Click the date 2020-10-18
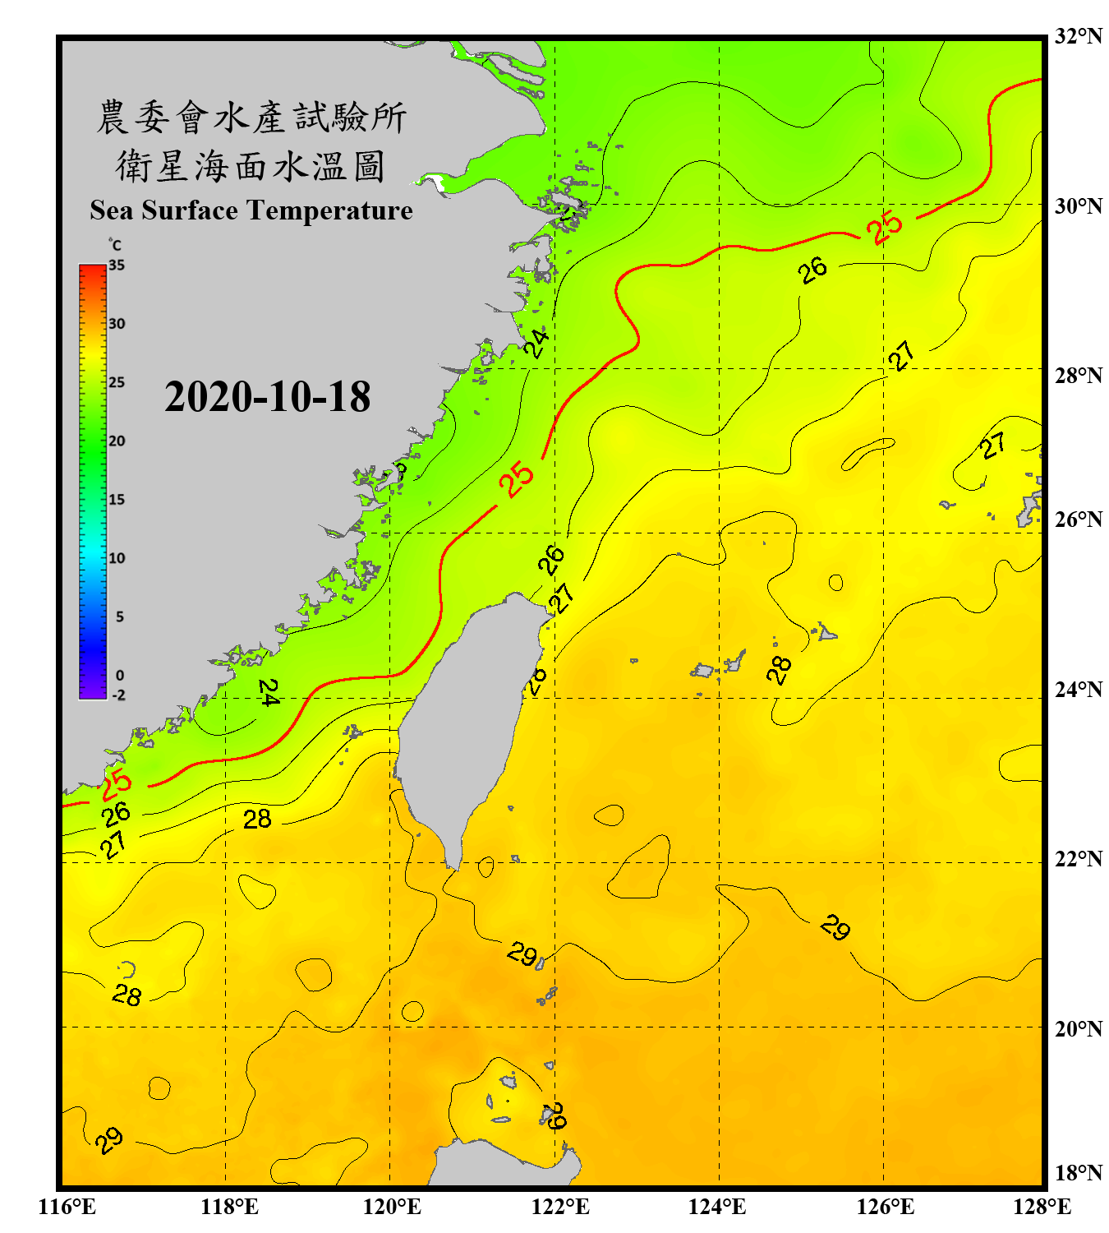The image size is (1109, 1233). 267,397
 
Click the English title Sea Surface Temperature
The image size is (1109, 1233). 251,210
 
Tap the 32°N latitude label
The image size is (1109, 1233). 1078,36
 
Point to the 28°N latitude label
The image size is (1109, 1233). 1078,376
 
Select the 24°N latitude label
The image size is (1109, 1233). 1078,690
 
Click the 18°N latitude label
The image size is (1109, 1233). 1078,1173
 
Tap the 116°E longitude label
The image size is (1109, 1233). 67,1207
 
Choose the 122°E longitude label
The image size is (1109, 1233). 560,1207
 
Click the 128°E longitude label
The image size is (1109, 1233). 1042,1207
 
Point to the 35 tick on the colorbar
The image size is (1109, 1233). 117,266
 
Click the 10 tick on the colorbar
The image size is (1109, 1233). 117,558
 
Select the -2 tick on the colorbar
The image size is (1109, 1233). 118,695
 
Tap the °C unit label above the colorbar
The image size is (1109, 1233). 115,245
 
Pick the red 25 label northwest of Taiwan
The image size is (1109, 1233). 518,479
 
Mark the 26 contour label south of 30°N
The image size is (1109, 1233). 813,270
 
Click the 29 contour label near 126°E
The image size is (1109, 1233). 835,927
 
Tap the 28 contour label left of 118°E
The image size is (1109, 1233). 127,995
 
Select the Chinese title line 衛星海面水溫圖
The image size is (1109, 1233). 251,166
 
